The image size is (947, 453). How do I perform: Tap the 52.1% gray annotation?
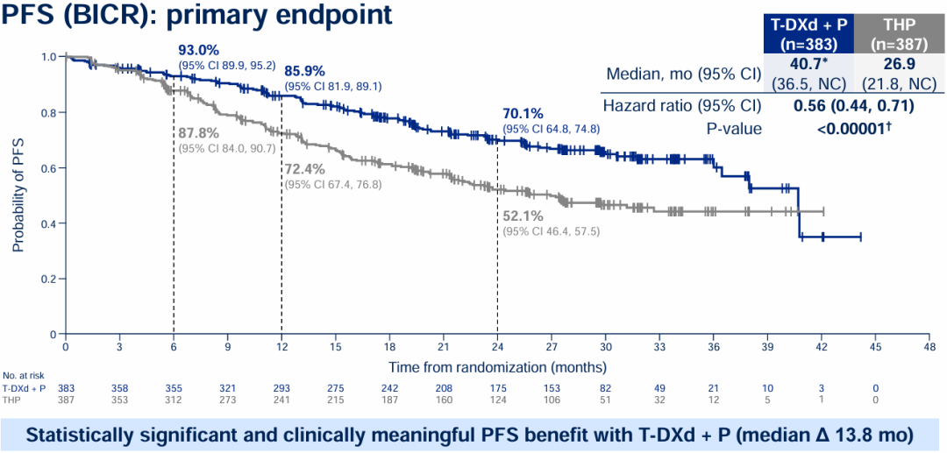pyautogui.click(x=523, y=216)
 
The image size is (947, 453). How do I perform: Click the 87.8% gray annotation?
pyautogui.click(x=199, y=133)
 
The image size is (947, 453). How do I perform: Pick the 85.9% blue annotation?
pyautogui.click(x=304, y=72)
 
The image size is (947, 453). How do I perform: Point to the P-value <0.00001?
pyautogui.click(x=850, y=128)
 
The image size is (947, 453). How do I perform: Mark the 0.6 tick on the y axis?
pyautogui.click(x=47, y=167)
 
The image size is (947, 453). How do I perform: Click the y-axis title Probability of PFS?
pyautogui.click(x=18, y=195)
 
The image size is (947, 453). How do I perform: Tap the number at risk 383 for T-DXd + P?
pyautogui.click(x=66, y=387)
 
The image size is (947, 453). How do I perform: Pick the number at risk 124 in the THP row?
pyautogui.click(x=497, y=400)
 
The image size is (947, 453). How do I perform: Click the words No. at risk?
pyautogui.click(x=21, y=374)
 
